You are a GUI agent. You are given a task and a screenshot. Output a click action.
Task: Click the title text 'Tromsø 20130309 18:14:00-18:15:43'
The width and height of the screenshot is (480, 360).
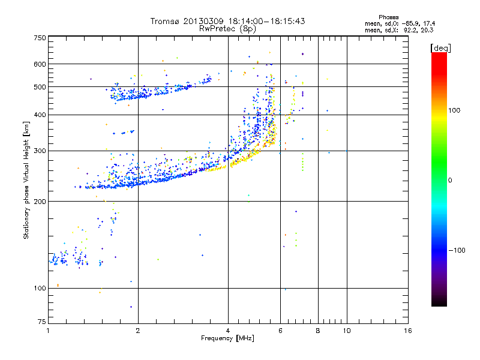(227, 21)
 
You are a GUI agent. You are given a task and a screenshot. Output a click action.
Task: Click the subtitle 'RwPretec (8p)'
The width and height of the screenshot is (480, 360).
(227, 28)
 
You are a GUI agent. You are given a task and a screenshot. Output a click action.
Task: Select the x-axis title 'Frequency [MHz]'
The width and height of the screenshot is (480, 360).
(227, 340)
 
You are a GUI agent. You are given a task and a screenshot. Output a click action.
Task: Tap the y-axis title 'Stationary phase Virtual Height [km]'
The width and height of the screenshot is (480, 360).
(26, 181)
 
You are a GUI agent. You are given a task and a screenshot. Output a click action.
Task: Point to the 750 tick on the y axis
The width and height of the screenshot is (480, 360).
(40, 38)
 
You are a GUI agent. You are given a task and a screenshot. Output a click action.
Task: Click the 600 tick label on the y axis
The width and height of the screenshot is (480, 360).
(40, 64)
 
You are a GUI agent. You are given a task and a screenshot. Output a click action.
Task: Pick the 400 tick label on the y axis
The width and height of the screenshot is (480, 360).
(40, 115)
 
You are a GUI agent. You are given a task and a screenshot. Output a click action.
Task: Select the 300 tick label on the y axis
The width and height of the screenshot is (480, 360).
(40, 151)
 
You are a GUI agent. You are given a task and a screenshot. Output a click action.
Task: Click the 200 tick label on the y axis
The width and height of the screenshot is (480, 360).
(40, 201)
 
